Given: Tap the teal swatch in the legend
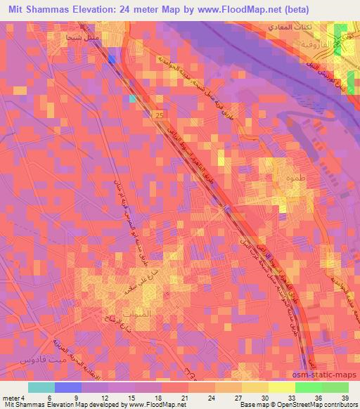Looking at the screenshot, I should pyautogui.click(x=41, y=387).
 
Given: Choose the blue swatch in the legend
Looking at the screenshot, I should pyautogui.click(x=68, y=387).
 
